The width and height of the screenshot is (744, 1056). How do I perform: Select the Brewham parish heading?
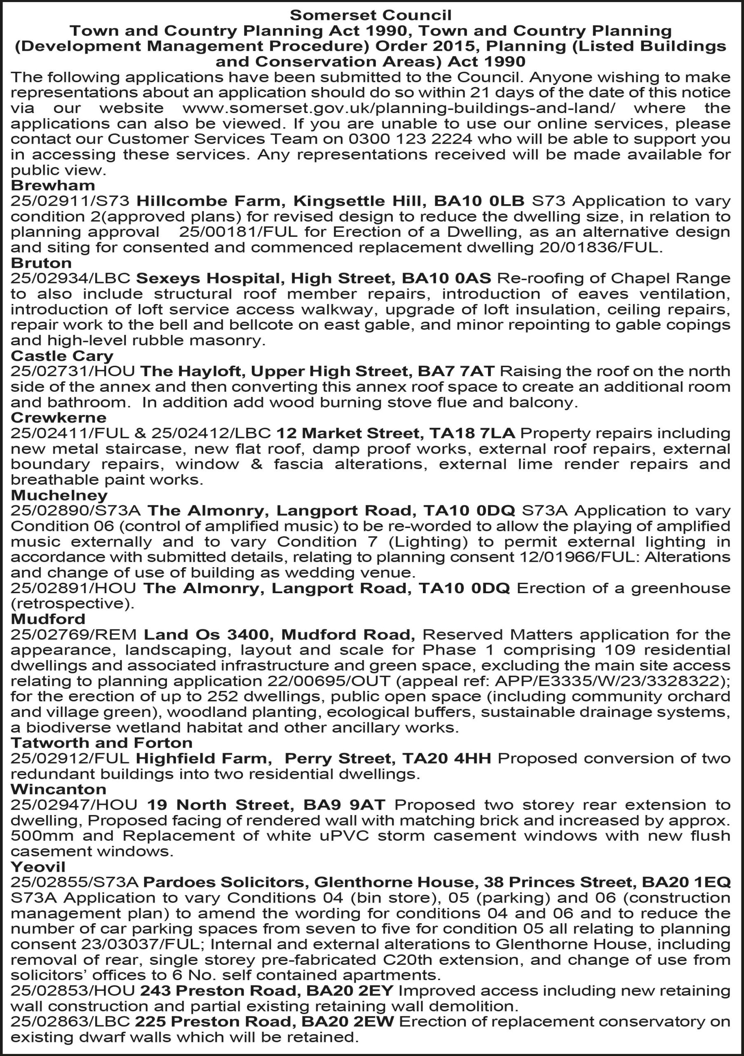coord(53,185)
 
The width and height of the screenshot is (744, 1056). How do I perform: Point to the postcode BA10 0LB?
coord(479,201)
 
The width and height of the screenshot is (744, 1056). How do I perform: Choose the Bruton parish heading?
coord(41,263)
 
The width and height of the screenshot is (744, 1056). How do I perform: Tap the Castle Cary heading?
coord(62,356)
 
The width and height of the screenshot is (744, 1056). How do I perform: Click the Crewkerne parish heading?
coord(59,417)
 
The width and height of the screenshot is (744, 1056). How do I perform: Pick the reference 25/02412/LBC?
coord(211,433)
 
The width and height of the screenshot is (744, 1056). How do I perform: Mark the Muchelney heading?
coord(59,495)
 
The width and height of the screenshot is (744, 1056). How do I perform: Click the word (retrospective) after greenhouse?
coord(73,603)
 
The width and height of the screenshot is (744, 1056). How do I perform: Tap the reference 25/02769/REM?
coord(73,634)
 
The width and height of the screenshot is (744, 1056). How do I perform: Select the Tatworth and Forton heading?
coord(101,743)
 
